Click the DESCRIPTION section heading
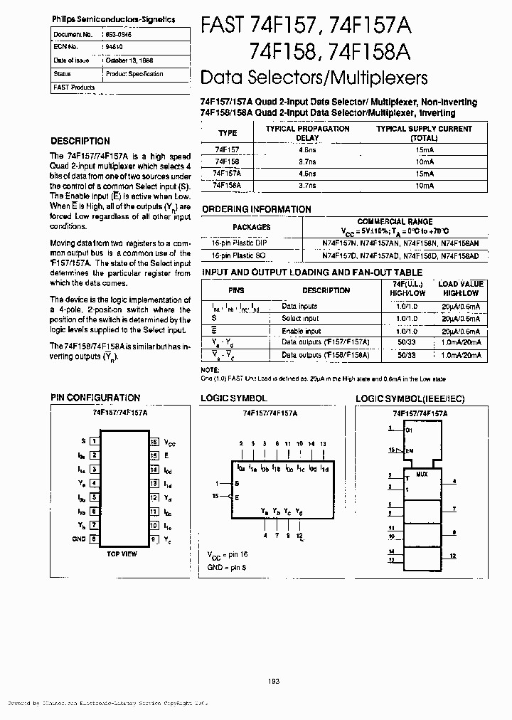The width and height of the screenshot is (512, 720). tap(80, 141)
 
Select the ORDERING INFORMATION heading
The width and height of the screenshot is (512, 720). tap(256, 209)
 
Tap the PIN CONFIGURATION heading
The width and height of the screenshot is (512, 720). tap(95, 398)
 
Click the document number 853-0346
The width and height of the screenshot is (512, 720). tap(119, 34)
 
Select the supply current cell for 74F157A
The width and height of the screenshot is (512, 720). tap(424, 174)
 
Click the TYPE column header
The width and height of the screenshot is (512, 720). tap(228, 133)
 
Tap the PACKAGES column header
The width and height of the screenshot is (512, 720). tap(252, 227)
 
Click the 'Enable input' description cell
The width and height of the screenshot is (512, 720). tap(301, 331)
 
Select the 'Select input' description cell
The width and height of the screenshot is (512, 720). tap(300, 319)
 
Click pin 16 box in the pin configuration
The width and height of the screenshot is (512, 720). tap(153, 441)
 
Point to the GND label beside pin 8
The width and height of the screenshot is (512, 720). tap(78, 539)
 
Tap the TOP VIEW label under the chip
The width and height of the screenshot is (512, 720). tap(122, 554)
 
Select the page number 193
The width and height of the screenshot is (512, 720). tap(274, 681)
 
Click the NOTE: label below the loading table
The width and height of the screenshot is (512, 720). tap(210, 370)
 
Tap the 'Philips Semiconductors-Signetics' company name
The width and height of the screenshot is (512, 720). tap(114, 20)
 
